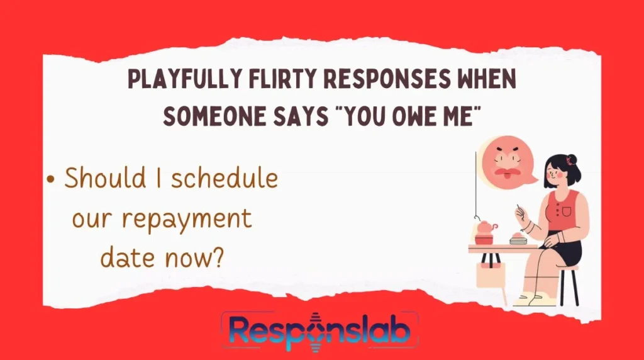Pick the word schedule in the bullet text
click(x=224, y=179)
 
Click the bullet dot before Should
click(x=51, y=179)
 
